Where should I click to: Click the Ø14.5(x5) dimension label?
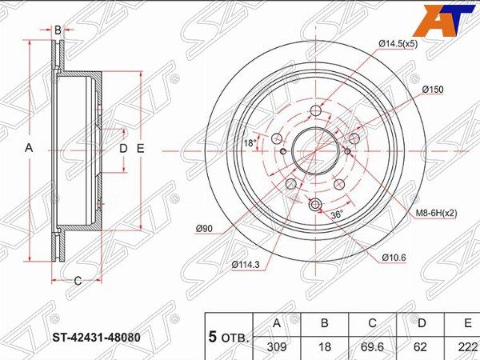(x=398, y=44)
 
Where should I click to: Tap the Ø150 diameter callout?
(x=433, y=90)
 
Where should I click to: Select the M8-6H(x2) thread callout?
(x=436, y=213)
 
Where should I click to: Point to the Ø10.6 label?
(x=394, y=258)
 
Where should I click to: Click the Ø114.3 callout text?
(x=246, y=265)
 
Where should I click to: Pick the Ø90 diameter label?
(x=204, y=228)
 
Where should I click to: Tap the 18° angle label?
(x=250, y=142)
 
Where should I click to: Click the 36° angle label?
(x=337, y=214)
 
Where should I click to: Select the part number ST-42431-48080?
(x=97, y=338)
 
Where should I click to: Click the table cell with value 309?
(x=277, y=347)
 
